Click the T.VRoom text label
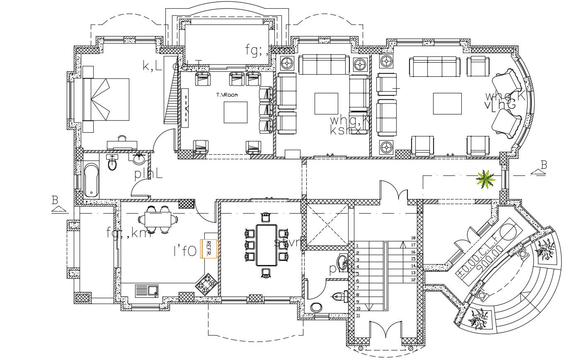tap(227, 95)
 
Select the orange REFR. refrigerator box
tap(209, 249)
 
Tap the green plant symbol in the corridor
tap(485, 180)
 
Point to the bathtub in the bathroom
tap(91, 180)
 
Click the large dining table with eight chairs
tap(267, 245)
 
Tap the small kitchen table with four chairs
tap(158, 219)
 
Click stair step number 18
tap(413, 238)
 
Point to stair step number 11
tap(358, 316)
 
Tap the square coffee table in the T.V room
tap(235, 112)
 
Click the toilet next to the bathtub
tap(112, 164)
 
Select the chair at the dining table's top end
tap(266, 217)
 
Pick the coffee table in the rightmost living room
tap(447, 104)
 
